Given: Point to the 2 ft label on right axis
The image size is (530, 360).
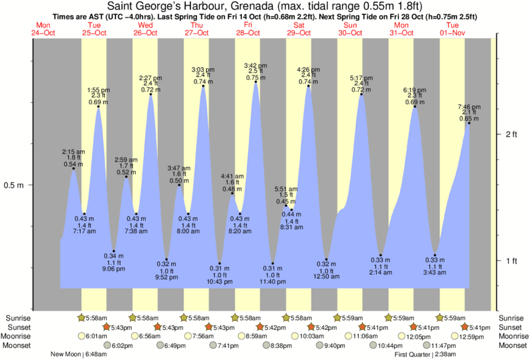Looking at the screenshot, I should (x=511, y=134).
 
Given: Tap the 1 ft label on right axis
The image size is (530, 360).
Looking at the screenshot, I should (x=511, y=260).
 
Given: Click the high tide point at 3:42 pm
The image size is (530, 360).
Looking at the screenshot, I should (x=255, y=82).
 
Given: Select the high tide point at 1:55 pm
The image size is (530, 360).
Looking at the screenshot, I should (x=98, y=106).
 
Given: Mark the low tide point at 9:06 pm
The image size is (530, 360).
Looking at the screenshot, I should (x=114, y=250).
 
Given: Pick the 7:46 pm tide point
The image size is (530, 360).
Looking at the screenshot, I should (x=469, y=123).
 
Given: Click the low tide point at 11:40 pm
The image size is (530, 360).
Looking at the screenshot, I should (x=273, y=262).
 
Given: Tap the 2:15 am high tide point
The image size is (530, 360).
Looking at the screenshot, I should (x=73, y=168).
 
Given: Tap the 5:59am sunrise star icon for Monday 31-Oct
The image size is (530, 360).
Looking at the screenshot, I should (x=390, y=317).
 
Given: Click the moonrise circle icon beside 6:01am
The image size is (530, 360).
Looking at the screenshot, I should (x=82, y=336).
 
